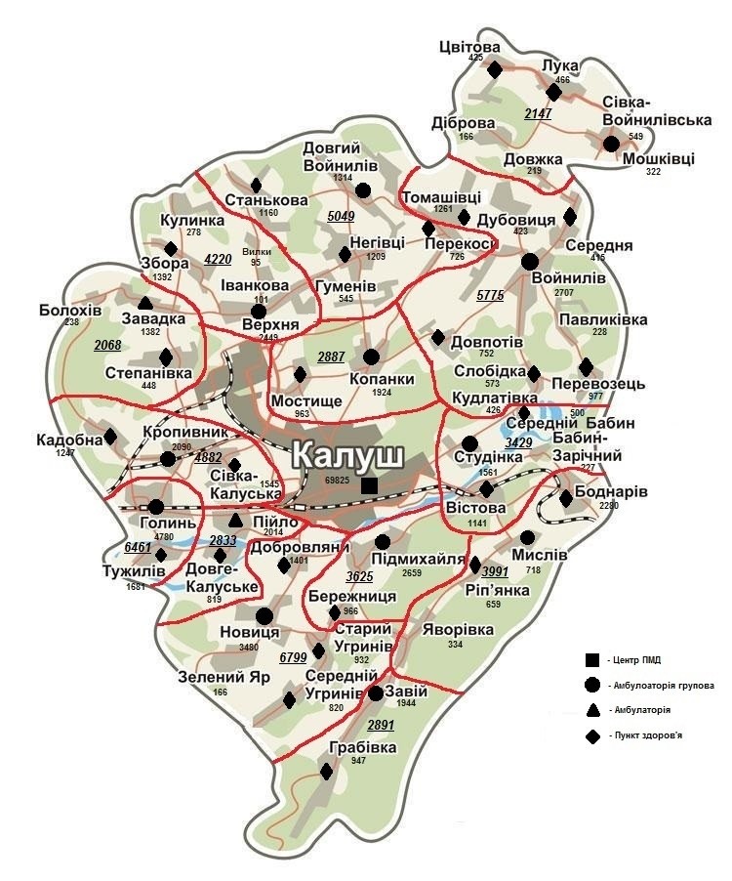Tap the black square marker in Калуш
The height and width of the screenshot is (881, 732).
tap(368, 485)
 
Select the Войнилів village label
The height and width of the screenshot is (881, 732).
tap(567, 277)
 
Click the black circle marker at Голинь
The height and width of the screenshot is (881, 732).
tap(156, 506)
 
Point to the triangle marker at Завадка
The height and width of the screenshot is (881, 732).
tap(145, 303)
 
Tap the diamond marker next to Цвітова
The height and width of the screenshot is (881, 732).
tap(495, 70)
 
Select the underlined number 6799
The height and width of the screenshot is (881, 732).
tap(293, 658)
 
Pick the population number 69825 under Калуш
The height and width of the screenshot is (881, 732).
tap(338, 481)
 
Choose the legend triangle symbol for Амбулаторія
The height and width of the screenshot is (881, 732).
tap(590, 709)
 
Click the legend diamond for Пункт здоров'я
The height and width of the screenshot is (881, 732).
tap(590, 734)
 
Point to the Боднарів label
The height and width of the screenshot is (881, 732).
tap(611, 491)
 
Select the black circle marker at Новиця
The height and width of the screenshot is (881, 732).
tap(264, 615)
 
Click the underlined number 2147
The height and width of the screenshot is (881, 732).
tap(538, 114)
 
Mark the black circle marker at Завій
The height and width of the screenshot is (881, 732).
tap(376, 693)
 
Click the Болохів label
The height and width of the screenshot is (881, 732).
tap(70, 310)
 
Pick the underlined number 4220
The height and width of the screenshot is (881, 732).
tap(218, 259)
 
